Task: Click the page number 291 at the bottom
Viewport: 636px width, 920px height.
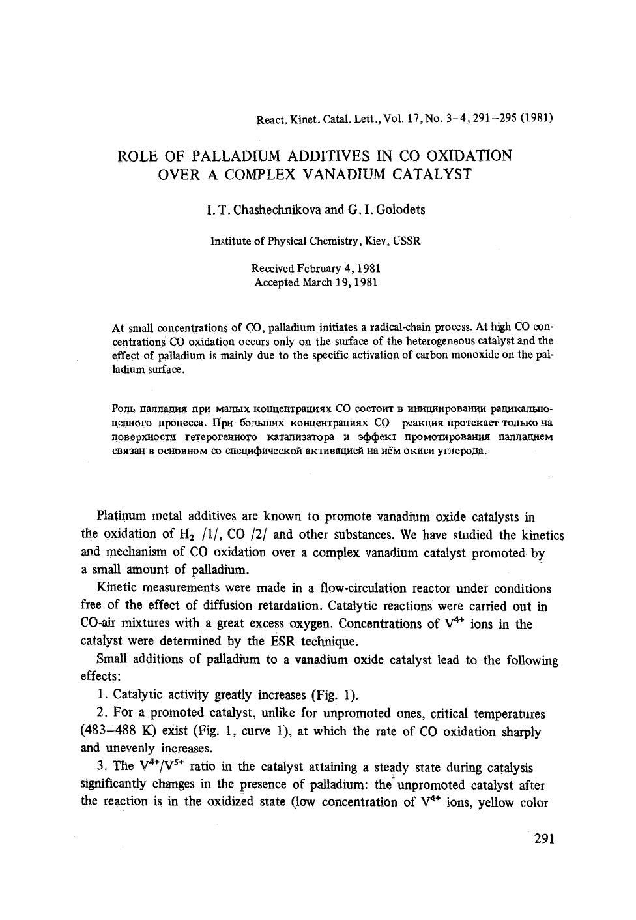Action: [543, 838]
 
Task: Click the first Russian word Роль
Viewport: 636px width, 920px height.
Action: [124, 409]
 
